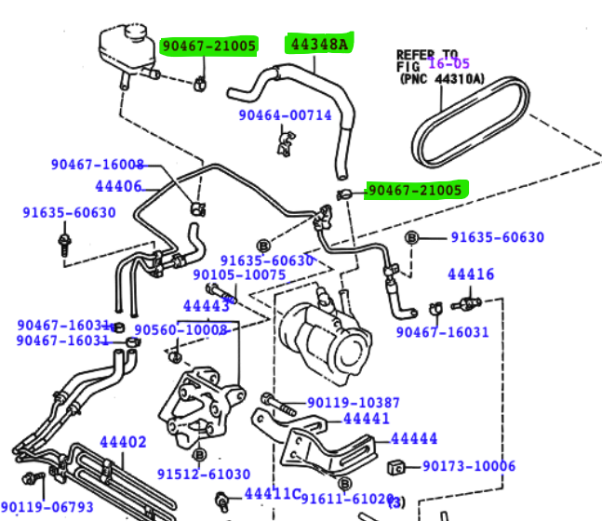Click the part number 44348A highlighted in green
[319, 43]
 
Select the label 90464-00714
[285, 115]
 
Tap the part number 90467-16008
[98, 165]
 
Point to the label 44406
[118, 187]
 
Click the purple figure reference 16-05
[448, 64]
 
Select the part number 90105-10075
[239, 275]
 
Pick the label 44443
[206, 305]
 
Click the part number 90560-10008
[181, 330]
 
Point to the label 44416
[471, 274]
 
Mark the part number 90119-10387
[354, 403]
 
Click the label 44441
[367, 420]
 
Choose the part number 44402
[123, 442]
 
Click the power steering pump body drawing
[325, 341]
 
